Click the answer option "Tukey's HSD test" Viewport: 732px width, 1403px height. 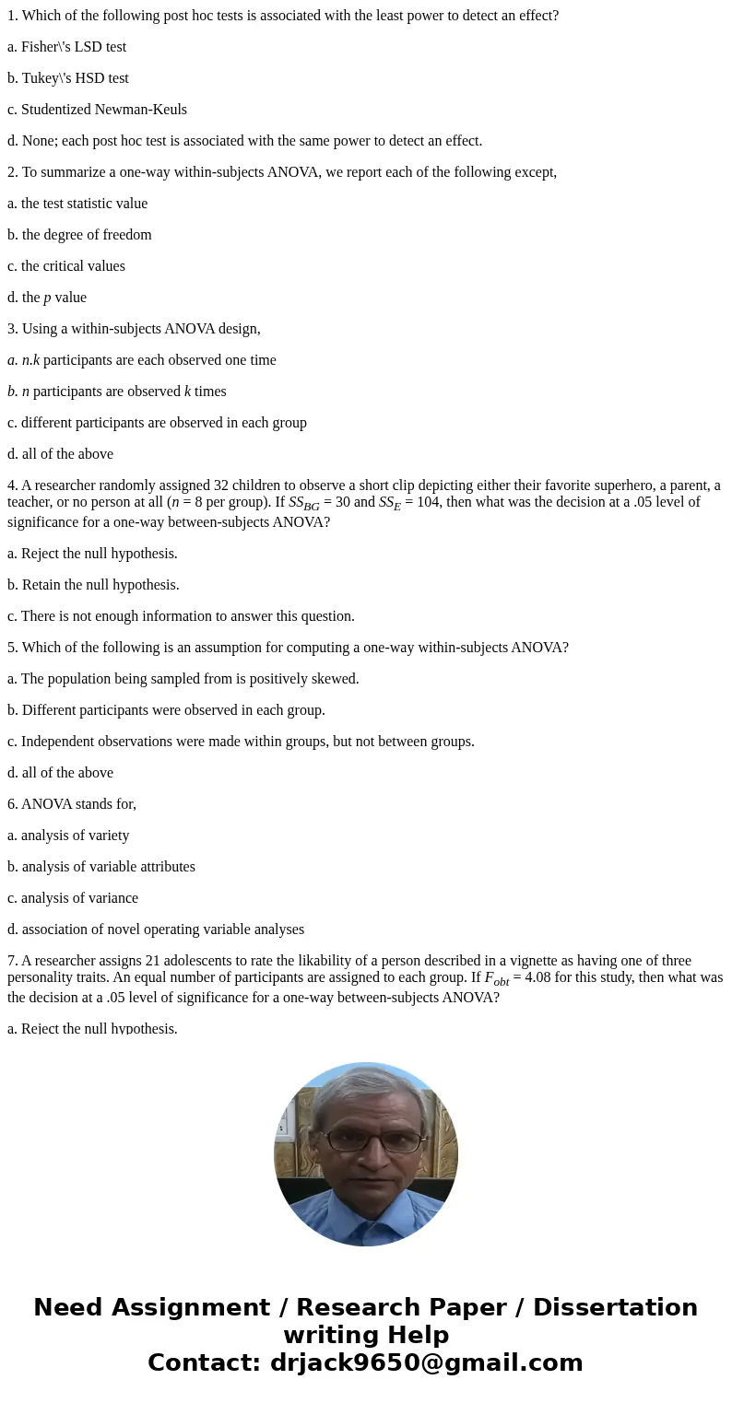coord(68,78)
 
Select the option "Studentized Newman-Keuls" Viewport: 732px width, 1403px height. coord(97,110)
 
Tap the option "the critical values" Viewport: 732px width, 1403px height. coord(66,266)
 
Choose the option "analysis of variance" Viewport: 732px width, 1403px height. coord(73,898)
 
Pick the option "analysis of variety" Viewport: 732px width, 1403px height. coord(68,836)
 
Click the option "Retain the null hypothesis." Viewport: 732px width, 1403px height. coord(93,585)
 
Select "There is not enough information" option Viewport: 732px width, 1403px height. coord(181,616)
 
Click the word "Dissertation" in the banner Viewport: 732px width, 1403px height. coord(615,1307)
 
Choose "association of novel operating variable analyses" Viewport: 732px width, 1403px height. coord(156,929)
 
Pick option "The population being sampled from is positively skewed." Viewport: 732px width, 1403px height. coord(183,679)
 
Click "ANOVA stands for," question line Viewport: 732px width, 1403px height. coord(72,804)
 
